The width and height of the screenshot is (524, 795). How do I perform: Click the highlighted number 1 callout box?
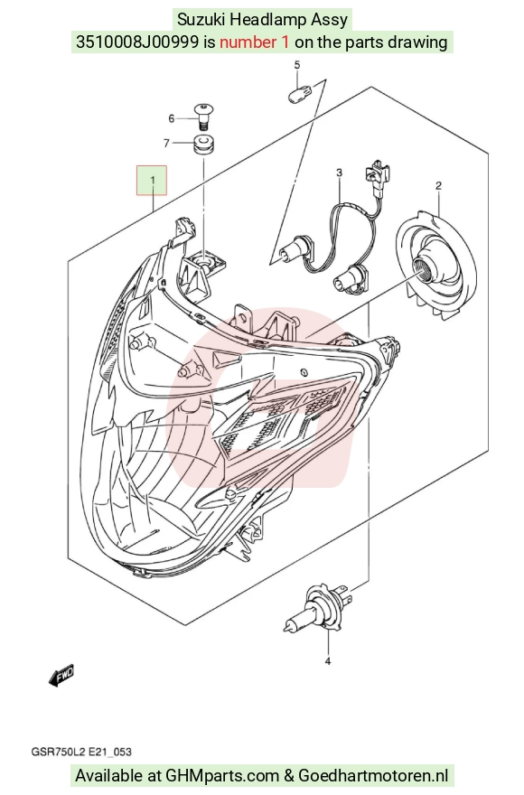151,180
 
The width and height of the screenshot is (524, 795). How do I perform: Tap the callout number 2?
438,185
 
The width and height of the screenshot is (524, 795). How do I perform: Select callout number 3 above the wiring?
340,173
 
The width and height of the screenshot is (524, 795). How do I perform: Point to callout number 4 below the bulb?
328,660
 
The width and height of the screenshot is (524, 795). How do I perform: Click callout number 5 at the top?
297,64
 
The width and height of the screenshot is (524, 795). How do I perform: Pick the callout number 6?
172,118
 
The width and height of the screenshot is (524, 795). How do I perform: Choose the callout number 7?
166,144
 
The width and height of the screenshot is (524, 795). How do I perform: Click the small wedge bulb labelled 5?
297,94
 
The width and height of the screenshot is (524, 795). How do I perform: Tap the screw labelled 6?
204,117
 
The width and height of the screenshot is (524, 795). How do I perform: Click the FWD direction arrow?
61,676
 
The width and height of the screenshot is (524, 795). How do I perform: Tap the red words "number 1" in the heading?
255,42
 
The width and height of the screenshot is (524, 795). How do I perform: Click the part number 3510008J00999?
137,42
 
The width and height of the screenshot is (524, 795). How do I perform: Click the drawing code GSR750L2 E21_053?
81,752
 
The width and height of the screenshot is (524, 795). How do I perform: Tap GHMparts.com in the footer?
222,775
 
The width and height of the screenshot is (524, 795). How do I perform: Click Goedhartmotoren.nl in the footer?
373,775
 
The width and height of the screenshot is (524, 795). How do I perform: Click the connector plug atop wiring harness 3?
376,173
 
